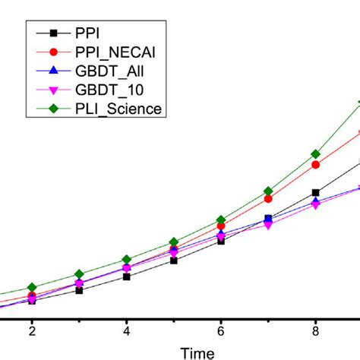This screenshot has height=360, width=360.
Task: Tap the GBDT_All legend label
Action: pyautogui.click(x=109, y=71)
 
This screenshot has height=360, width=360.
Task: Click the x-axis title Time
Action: pyautogui.click(x=196, y=352)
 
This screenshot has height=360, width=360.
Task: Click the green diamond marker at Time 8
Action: pyautogui.click(x=315, y=154)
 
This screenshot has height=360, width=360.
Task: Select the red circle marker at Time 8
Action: pyautogui.click(x=315, y=165)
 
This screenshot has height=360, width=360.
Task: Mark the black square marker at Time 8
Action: pyautogui.click(x=315, y=193)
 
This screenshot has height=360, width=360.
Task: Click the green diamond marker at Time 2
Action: pyautogui.click(x=32, y=287)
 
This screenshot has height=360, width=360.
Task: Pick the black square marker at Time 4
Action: pyautogui.click(x=126, y=277)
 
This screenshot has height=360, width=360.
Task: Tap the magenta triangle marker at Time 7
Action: pyautogui.click(x=268, y=225)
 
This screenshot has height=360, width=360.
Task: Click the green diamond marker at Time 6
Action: pyautogui.click(x=221, y=219)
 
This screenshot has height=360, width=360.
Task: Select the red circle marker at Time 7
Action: pyautogui.click(x=268, y=199)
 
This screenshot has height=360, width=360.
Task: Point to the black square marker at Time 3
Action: pyautogui.click(x=79, y=290)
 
